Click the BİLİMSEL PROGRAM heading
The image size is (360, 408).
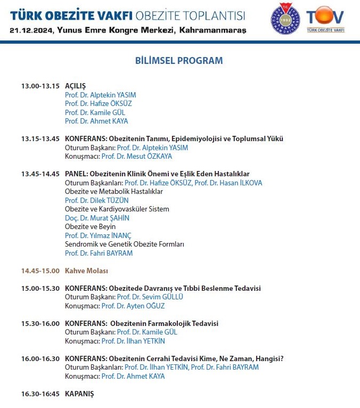click(179, 61)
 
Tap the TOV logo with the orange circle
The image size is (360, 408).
click(325, 18)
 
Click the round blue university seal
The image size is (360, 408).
click(285, 18)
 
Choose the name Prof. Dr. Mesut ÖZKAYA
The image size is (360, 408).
click(137, 157)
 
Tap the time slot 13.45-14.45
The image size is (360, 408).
click(40, 174)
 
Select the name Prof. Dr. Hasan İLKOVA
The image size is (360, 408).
click(228, 183)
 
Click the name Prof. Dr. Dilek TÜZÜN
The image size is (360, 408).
click(96, 200)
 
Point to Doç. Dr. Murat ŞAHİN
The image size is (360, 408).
click(97, 218)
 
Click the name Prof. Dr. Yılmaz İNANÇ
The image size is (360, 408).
click(98, 235)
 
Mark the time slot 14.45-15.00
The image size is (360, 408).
click(40, 271)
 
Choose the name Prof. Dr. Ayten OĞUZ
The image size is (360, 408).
click(133, 306)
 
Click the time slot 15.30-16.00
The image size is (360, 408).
click(40, 323)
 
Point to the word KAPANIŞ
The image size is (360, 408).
click(79, 394)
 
